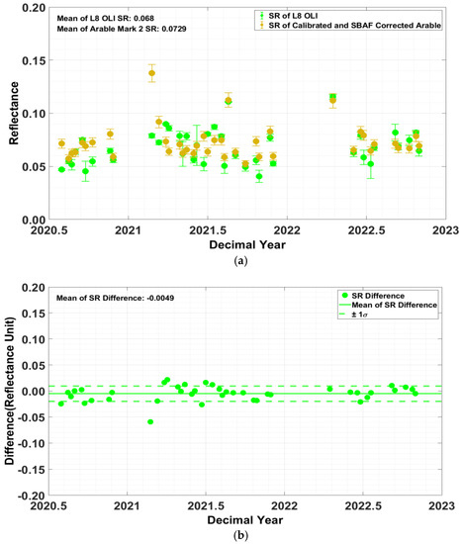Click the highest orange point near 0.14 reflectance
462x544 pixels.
(151, 73)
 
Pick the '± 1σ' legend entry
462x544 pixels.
(371, 317)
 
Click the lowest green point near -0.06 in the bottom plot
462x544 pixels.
(150, 422)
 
